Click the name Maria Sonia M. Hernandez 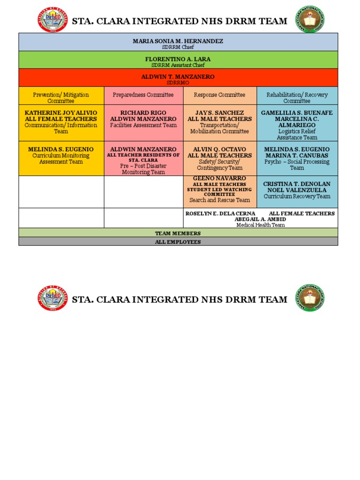click(x=178, y=41)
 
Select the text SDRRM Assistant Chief click(x=178, y=65)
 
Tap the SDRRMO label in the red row click(x=178, y=82)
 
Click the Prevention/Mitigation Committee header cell click(x=61, y=97)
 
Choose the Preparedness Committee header click(x=143, y=95)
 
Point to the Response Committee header click(x=219, y=95)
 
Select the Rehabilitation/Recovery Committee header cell click(x=297, y=97)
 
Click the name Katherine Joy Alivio click(x=61, y=113)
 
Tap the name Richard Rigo click(x=143, y=113)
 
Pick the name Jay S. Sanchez click(x=219, y=113)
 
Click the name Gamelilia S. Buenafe click(x=297, y=113)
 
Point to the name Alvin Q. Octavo click(x=219, y=150)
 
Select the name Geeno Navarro click(x=219, y=179)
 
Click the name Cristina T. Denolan click(x=297, y=184)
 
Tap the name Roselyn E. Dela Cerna click(x=220, y=213)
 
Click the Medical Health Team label click(x=260, y=225)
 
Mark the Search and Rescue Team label click(x=219, y=200)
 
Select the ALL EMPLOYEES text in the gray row click(x=178, y=242)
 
